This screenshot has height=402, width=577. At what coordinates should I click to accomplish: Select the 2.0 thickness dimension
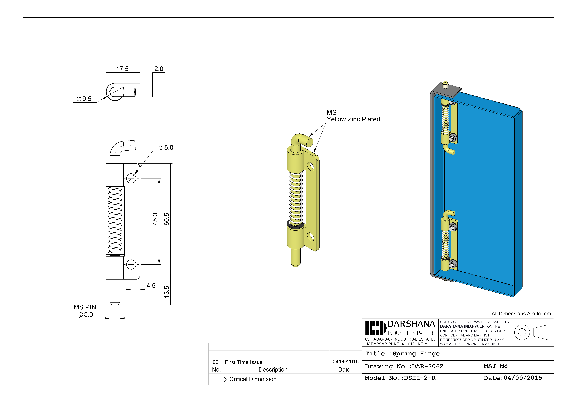159,69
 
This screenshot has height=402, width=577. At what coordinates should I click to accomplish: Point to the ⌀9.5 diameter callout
84,99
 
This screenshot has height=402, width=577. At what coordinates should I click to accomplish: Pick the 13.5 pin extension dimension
167,292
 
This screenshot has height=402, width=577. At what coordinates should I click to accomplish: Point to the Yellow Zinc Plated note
353,119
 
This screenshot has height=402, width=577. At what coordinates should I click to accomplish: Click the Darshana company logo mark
375,328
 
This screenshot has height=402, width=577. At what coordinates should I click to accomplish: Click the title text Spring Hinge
416,354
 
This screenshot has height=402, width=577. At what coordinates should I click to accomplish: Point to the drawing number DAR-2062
427,366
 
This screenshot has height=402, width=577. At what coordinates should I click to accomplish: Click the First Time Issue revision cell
243,362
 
